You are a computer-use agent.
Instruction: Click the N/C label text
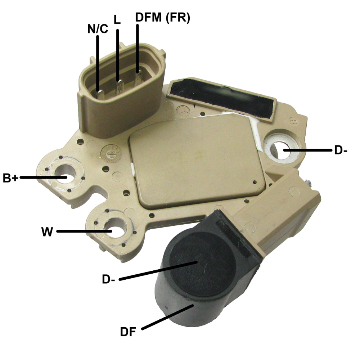[x=98, y=29]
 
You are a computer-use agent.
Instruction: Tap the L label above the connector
[x=117, y=20]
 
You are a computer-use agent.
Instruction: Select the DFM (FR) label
[x=162, y=18]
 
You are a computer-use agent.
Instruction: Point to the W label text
[x=47, y=231]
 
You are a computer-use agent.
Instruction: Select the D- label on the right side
[x=340, y=150]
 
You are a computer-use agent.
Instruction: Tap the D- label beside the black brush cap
[x=108, y=280]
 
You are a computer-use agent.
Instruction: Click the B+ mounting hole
[x=65, y=177]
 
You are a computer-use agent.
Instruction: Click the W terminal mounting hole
[x=112, y=230]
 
